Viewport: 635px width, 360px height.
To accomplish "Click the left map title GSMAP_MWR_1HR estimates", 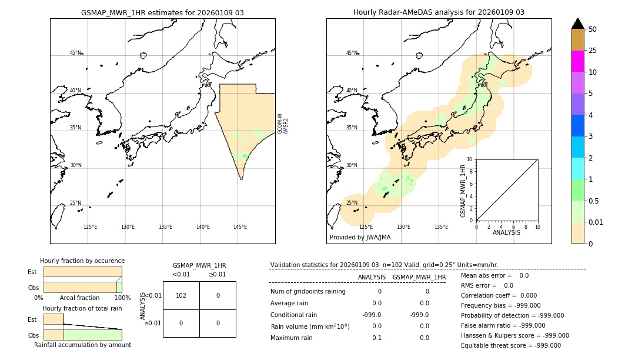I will (x=162, y=12).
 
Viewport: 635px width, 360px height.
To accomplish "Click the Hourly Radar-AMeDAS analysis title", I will (x=439, y=12).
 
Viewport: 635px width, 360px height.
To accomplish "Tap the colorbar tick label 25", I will (x=593, y=51).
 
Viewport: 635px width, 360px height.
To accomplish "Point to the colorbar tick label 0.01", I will (x=596, y=222).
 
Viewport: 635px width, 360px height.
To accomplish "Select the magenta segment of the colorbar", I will (x=578, y=61).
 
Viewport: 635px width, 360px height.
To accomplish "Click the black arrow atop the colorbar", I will (x=578, y=24).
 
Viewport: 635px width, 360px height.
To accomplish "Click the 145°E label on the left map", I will (x=240, y=227).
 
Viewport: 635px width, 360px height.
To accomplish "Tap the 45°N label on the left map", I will (x=76, y=53).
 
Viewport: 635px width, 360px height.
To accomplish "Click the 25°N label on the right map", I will (x=352, y=203).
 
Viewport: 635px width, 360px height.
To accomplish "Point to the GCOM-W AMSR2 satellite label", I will (x=283, y=124).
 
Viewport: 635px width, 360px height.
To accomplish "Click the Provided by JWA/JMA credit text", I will (x=360, y=238).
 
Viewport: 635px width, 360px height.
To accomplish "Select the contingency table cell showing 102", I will (x=181, y=295).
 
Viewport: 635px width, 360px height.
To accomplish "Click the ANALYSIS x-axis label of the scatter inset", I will (x=506, y=232).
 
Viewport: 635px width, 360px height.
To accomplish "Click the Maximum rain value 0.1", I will (x=376, y=338).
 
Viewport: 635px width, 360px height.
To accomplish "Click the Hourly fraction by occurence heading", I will (x=82, y=261).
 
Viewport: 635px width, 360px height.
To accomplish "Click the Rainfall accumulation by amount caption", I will (x=82, y=345).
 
